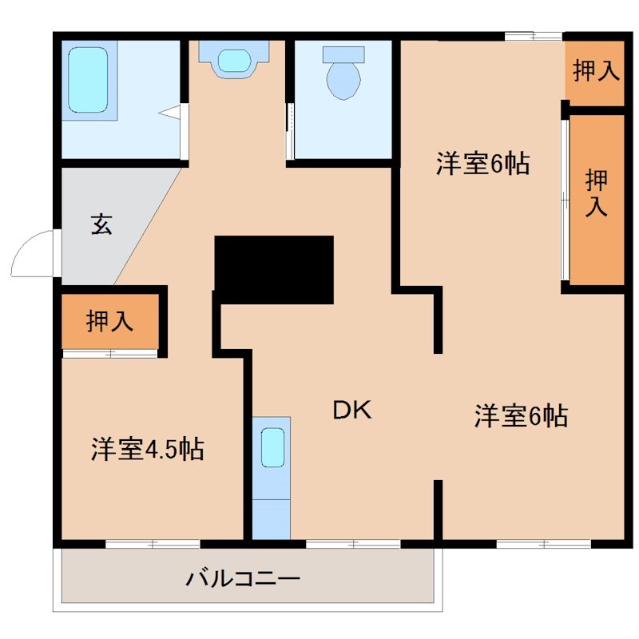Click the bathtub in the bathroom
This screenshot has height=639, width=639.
89,81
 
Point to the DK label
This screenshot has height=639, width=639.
352,411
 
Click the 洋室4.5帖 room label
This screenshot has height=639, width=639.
147,449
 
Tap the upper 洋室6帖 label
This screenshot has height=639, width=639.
482,164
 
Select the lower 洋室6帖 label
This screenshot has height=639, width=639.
521,415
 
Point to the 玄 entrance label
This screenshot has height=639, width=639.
101,224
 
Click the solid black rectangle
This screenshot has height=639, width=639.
274,269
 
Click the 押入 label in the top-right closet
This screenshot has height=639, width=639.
596,71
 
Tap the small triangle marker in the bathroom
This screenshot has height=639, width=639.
170,113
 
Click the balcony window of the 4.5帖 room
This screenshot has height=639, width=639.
153,544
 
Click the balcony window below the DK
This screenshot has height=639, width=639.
352,544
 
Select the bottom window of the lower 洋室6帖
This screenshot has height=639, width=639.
543,544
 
